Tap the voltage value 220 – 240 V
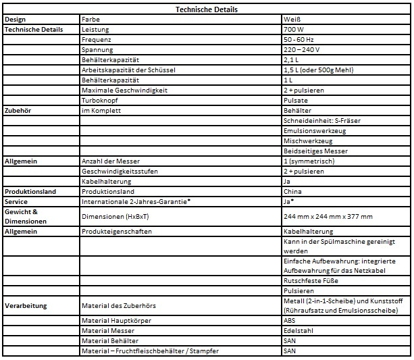[x=302, y=51]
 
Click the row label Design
[x=17, y=20]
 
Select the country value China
[x=293, y=191]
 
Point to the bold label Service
[x=16, y=201]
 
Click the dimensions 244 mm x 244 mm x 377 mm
[x=328, y=216]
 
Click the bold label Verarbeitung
[x=26, y=305]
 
